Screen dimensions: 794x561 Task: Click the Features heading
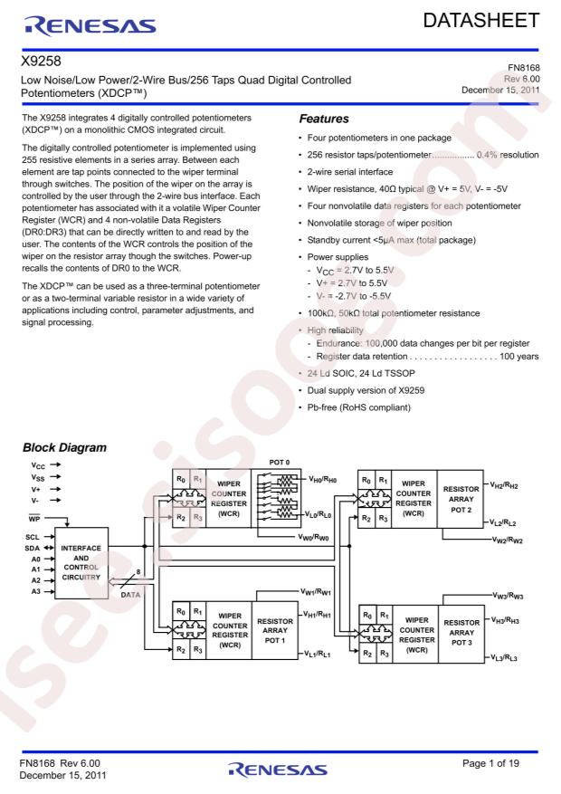click(x=322, y=119)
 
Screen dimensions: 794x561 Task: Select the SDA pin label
click(x=31, y=548)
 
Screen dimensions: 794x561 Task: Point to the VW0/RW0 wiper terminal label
click(x=318, y=538)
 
